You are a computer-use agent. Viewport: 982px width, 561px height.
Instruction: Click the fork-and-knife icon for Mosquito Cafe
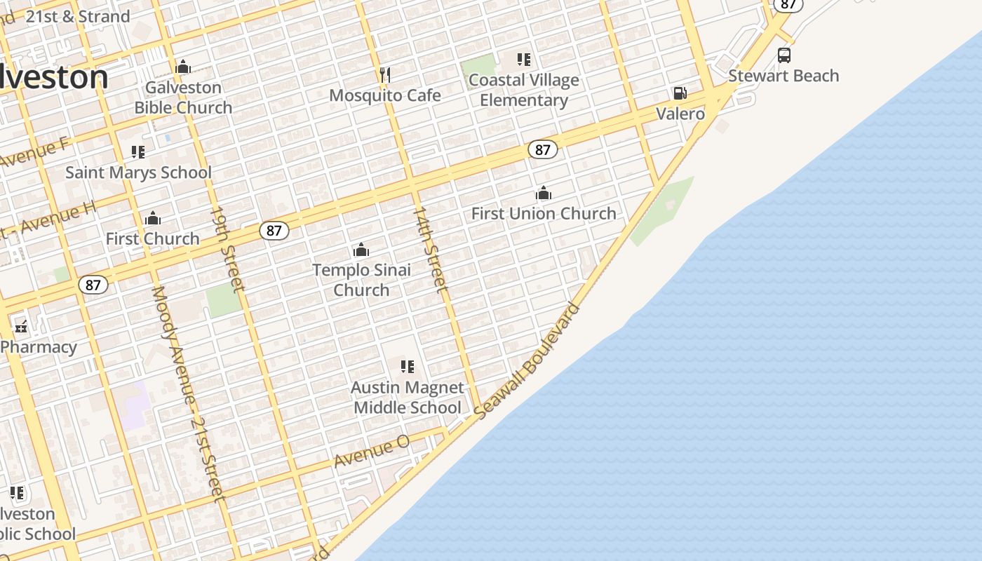pyautogui.click(x=384, y=74)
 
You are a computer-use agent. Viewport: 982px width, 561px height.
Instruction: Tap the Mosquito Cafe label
pyautogui.click(x=385, y=95)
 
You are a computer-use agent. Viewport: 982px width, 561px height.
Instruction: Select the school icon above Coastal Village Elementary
pyautogui.click(x=524, y=60)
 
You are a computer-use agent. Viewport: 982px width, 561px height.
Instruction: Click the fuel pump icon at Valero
pyautogui.click(x=680, y=93)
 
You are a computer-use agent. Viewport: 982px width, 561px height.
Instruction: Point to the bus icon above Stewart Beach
pyautogui.click(x=784, y=55)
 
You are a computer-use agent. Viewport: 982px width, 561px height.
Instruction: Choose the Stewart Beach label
pyautogui.click(x=783, y=76)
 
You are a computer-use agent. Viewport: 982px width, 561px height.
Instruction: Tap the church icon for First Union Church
pyautogui.click(x=544, y=193)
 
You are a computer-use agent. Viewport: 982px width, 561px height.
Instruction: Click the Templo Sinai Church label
pyautogui.click(x=361, y=280)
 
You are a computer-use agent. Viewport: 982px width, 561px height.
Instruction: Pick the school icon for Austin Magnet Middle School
pyautogui.click(x=408, y=366)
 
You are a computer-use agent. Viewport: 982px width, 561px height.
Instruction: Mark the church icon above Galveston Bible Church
pyautogui.click(x=183, y=67)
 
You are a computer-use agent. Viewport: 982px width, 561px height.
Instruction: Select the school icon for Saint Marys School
pyautogui.click(x=138, y=151)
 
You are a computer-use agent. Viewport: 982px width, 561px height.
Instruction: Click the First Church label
pyautogui.click(x=152, y=238)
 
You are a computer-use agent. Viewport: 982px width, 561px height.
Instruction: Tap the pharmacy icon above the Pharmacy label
pyautogui.click(x=22, y=326)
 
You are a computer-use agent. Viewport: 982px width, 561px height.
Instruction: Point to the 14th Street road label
pyautogui.click(x=429, y=249)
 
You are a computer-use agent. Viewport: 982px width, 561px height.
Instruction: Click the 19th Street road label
pyautogui.click(x=228, y=249)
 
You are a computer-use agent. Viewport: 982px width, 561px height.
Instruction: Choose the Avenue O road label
pyautogui.click(x=372, y=451)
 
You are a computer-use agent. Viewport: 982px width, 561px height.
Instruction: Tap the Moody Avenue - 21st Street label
pyautogui.click(x=188, y=393)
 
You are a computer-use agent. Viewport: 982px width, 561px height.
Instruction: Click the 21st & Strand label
pyautogui.click(x=77, y=16)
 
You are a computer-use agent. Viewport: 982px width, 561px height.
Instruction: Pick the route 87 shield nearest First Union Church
pyautogui.click(x=542, y=149)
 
